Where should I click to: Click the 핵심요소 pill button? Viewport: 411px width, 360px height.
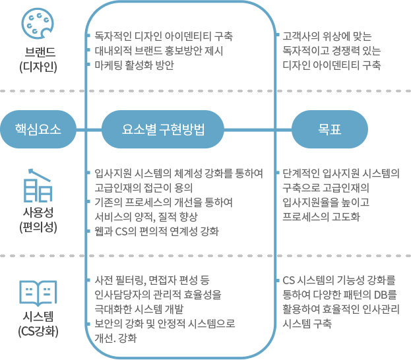(x=38, y=129)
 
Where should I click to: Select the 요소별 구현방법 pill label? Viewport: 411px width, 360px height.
(x=163, y=129)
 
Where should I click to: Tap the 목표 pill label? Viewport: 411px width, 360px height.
(x=330, y=129)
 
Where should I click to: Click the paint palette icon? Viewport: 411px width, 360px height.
(x=38, y=23)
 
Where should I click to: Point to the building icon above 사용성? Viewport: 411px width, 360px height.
(x=38, y=185)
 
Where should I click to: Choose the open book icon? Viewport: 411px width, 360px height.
(x=38, y=293)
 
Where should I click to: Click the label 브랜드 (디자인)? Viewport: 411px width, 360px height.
(x=38, y=59)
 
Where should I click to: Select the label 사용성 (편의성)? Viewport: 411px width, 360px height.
(x=38, y=220)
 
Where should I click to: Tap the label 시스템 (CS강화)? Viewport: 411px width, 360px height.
(x=38, y=324)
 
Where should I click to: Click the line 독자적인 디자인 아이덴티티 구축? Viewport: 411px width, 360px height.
(x=164, y=36)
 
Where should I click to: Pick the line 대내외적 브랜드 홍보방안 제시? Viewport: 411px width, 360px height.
(x=158, y=51)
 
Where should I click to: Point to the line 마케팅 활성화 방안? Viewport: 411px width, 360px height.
(x=134, y=65)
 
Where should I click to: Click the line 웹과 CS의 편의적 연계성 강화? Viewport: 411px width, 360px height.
(x=156, y=231)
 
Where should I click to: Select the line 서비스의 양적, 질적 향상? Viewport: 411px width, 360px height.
(x=146, y=217)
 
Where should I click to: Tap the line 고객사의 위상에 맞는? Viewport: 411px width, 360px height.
(x=327, y=36)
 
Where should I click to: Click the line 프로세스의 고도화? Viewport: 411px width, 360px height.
(x=321, y=217)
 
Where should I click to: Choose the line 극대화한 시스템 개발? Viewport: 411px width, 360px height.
(x=139, y=309)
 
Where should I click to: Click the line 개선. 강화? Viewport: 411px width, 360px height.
(x=115, y=338)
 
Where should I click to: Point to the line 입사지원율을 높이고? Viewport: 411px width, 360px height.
(x=326, y=202)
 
